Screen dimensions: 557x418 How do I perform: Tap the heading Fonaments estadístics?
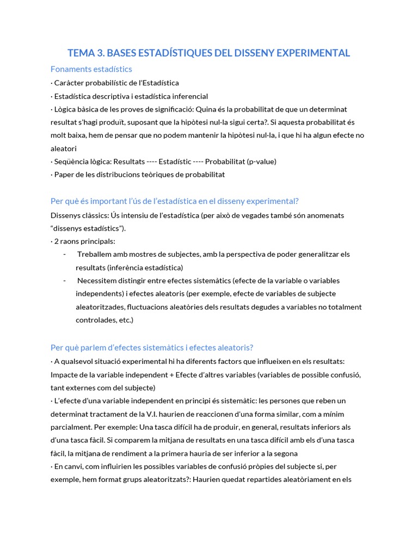[x=91, y=69]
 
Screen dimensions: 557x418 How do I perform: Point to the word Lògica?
[x=66, y=109]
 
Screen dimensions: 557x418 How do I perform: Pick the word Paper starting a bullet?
[x=64, y=175]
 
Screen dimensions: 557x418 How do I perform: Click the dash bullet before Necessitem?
[x=65, y=281]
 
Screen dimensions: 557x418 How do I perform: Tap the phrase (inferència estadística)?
[x=130, y=267]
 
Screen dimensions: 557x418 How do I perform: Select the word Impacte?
[x=65, y=374]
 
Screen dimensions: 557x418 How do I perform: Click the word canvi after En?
[x=74, y=466]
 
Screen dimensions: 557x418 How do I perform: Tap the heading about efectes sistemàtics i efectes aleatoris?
[x=152, y=348]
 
